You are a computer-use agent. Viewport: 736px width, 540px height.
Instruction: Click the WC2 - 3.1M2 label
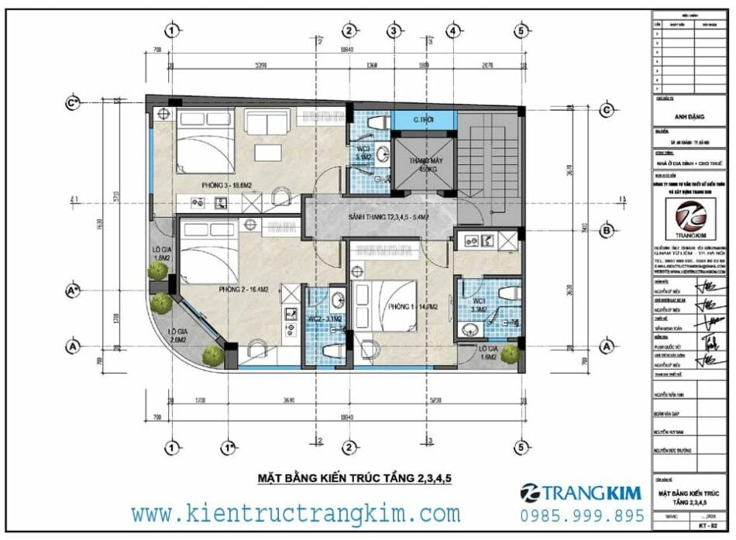(325, 318)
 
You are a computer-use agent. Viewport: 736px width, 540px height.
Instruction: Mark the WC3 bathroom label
(363, 153)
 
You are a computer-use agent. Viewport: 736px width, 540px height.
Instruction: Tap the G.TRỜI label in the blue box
(423, 120)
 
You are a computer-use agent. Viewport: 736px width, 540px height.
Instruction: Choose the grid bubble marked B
(607, 230)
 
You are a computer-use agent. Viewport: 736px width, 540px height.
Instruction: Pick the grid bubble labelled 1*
(229, 447)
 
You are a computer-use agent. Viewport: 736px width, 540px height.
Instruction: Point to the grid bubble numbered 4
(452, 31)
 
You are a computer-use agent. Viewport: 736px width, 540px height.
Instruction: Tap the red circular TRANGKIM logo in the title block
(684, 215)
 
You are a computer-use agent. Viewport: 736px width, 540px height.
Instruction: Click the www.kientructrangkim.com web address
(295, 513)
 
